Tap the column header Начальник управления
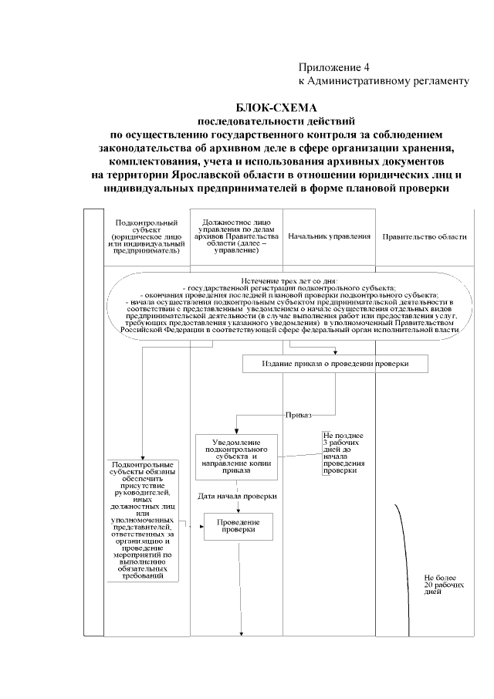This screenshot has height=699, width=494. [x=328, y=236]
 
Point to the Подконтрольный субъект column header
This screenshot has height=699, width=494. [x=146, y=236]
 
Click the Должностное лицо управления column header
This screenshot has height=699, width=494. [x=236, y=236]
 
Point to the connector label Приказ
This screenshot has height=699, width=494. [x=299, y=415]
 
